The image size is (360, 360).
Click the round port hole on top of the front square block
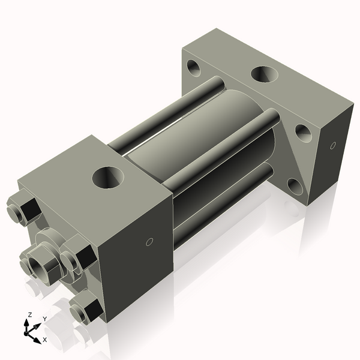(107, 177)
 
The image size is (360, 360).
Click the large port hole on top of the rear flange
(265, 74)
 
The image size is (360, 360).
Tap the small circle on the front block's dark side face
(150, 242)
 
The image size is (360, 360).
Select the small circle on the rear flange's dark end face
(333, 145)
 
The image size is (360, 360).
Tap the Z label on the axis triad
(30, 314)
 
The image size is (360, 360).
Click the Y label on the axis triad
(45, 319)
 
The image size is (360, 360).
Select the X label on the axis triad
(44, 340)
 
